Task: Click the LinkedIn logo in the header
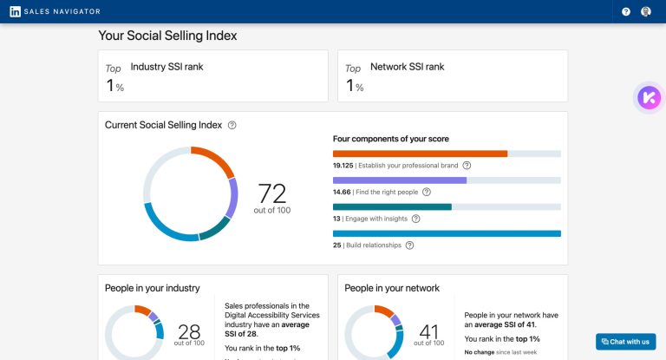click(16, 11)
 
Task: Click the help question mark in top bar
click(626, 11)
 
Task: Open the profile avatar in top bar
click(646, 11)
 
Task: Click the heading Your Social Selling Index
click(167, 36)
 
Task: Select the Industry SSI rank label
click(166, 67)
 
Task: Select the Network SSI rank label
click(407, 67)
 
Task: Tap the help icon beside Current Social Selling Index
click(232, 125)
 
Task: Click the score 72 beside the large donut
click(272, 192)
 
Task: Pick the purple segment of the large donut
click(232, 198)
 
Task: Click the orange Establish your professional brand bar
click(420, 154)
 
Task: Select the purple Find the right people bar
click(400, 180)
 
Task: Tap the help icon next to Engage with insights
click(415, 219)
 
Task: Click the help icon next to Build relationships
click(409, 245)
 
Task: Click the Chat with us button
click(625, 342)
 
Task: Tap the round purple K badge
click(647, 97)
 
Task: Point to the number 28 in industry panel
click(190, 331)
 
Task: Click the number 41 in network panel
click(429, 331)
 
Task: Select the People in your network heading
click(392, 288)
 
